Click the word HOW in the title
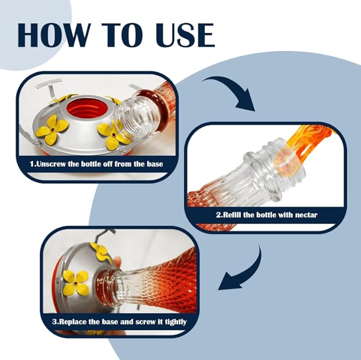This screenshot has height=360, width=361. [53, 35]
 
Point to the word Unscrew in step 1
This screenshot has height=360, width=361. [51, 164]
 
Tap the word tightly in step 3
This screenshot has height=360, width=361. [175, 322]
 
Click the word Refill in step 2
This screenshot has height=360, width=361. [232, 215]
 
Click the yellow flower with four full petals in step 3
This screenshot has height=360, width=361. [75, 282]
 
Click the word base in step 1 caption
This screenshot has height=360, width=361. [155, 164]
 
